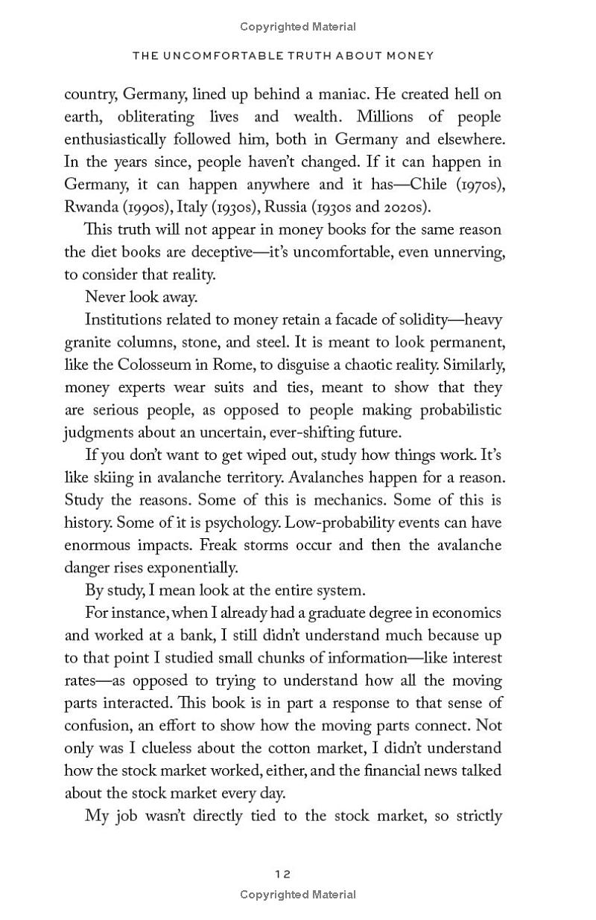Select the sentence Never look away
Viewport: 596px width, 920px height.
[x=140, y=297]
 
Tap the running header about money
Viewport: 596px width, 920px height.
[x=282, y=56]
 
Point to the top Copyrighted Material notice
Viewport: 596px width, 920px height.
[x=298, y=27]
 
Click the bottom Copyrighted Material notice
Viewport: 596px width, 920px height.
[x=298, y=895]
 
